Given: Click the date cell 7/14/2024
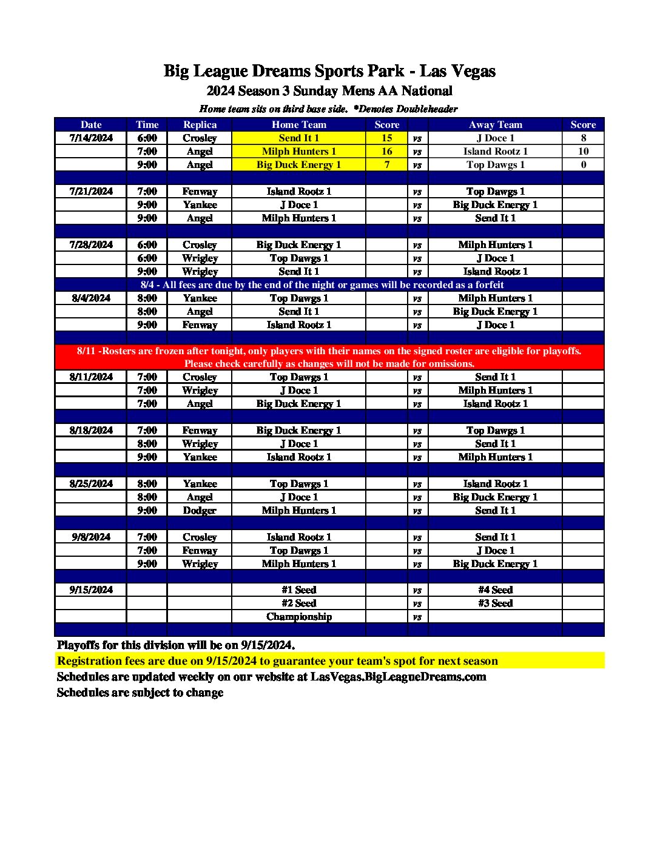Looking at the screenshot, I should (91, 138).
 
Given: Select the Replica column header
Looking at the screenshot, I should (200, 125).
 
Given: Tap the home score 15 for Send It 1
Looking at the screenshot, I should (386, 138).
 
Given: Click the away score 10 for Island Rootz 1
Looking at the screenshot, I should (583, 152).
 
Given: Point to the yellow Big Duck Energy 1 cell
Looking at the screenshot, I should (298, 165).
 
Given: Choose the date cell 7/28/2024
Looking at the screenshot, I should (91, 245).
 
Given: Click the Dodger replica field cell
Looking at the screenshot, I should (200, 511).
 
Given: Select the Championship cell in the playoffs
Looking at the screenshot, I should (298, 617).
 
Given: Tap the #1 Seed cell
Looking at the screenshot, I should (298, 590).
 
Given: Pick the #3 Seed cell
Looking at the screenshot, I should (495, 604).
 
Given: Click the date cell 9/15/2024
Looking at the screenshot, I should (91, 590).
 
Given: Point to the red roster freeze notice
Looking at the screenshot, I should (329, 357).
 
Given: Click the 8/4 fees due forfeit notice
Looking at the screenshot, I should (322, 285).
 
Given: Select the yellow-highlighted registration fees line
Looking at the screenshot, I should (277, 661).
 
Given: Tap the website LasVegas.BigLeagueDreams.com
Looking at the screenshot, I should (399, 677).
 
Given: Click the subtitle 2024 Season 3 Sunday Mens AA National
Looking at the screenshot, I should (329, 91).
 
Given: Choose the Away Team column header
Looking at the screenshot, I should (495, 125).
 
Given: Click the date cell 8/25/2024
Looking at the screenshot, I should (91, 484).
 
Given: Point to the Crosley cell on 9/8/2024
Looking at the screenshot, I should (200, 537).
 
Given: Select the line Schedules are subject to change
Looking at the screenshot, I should (140, 693).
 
